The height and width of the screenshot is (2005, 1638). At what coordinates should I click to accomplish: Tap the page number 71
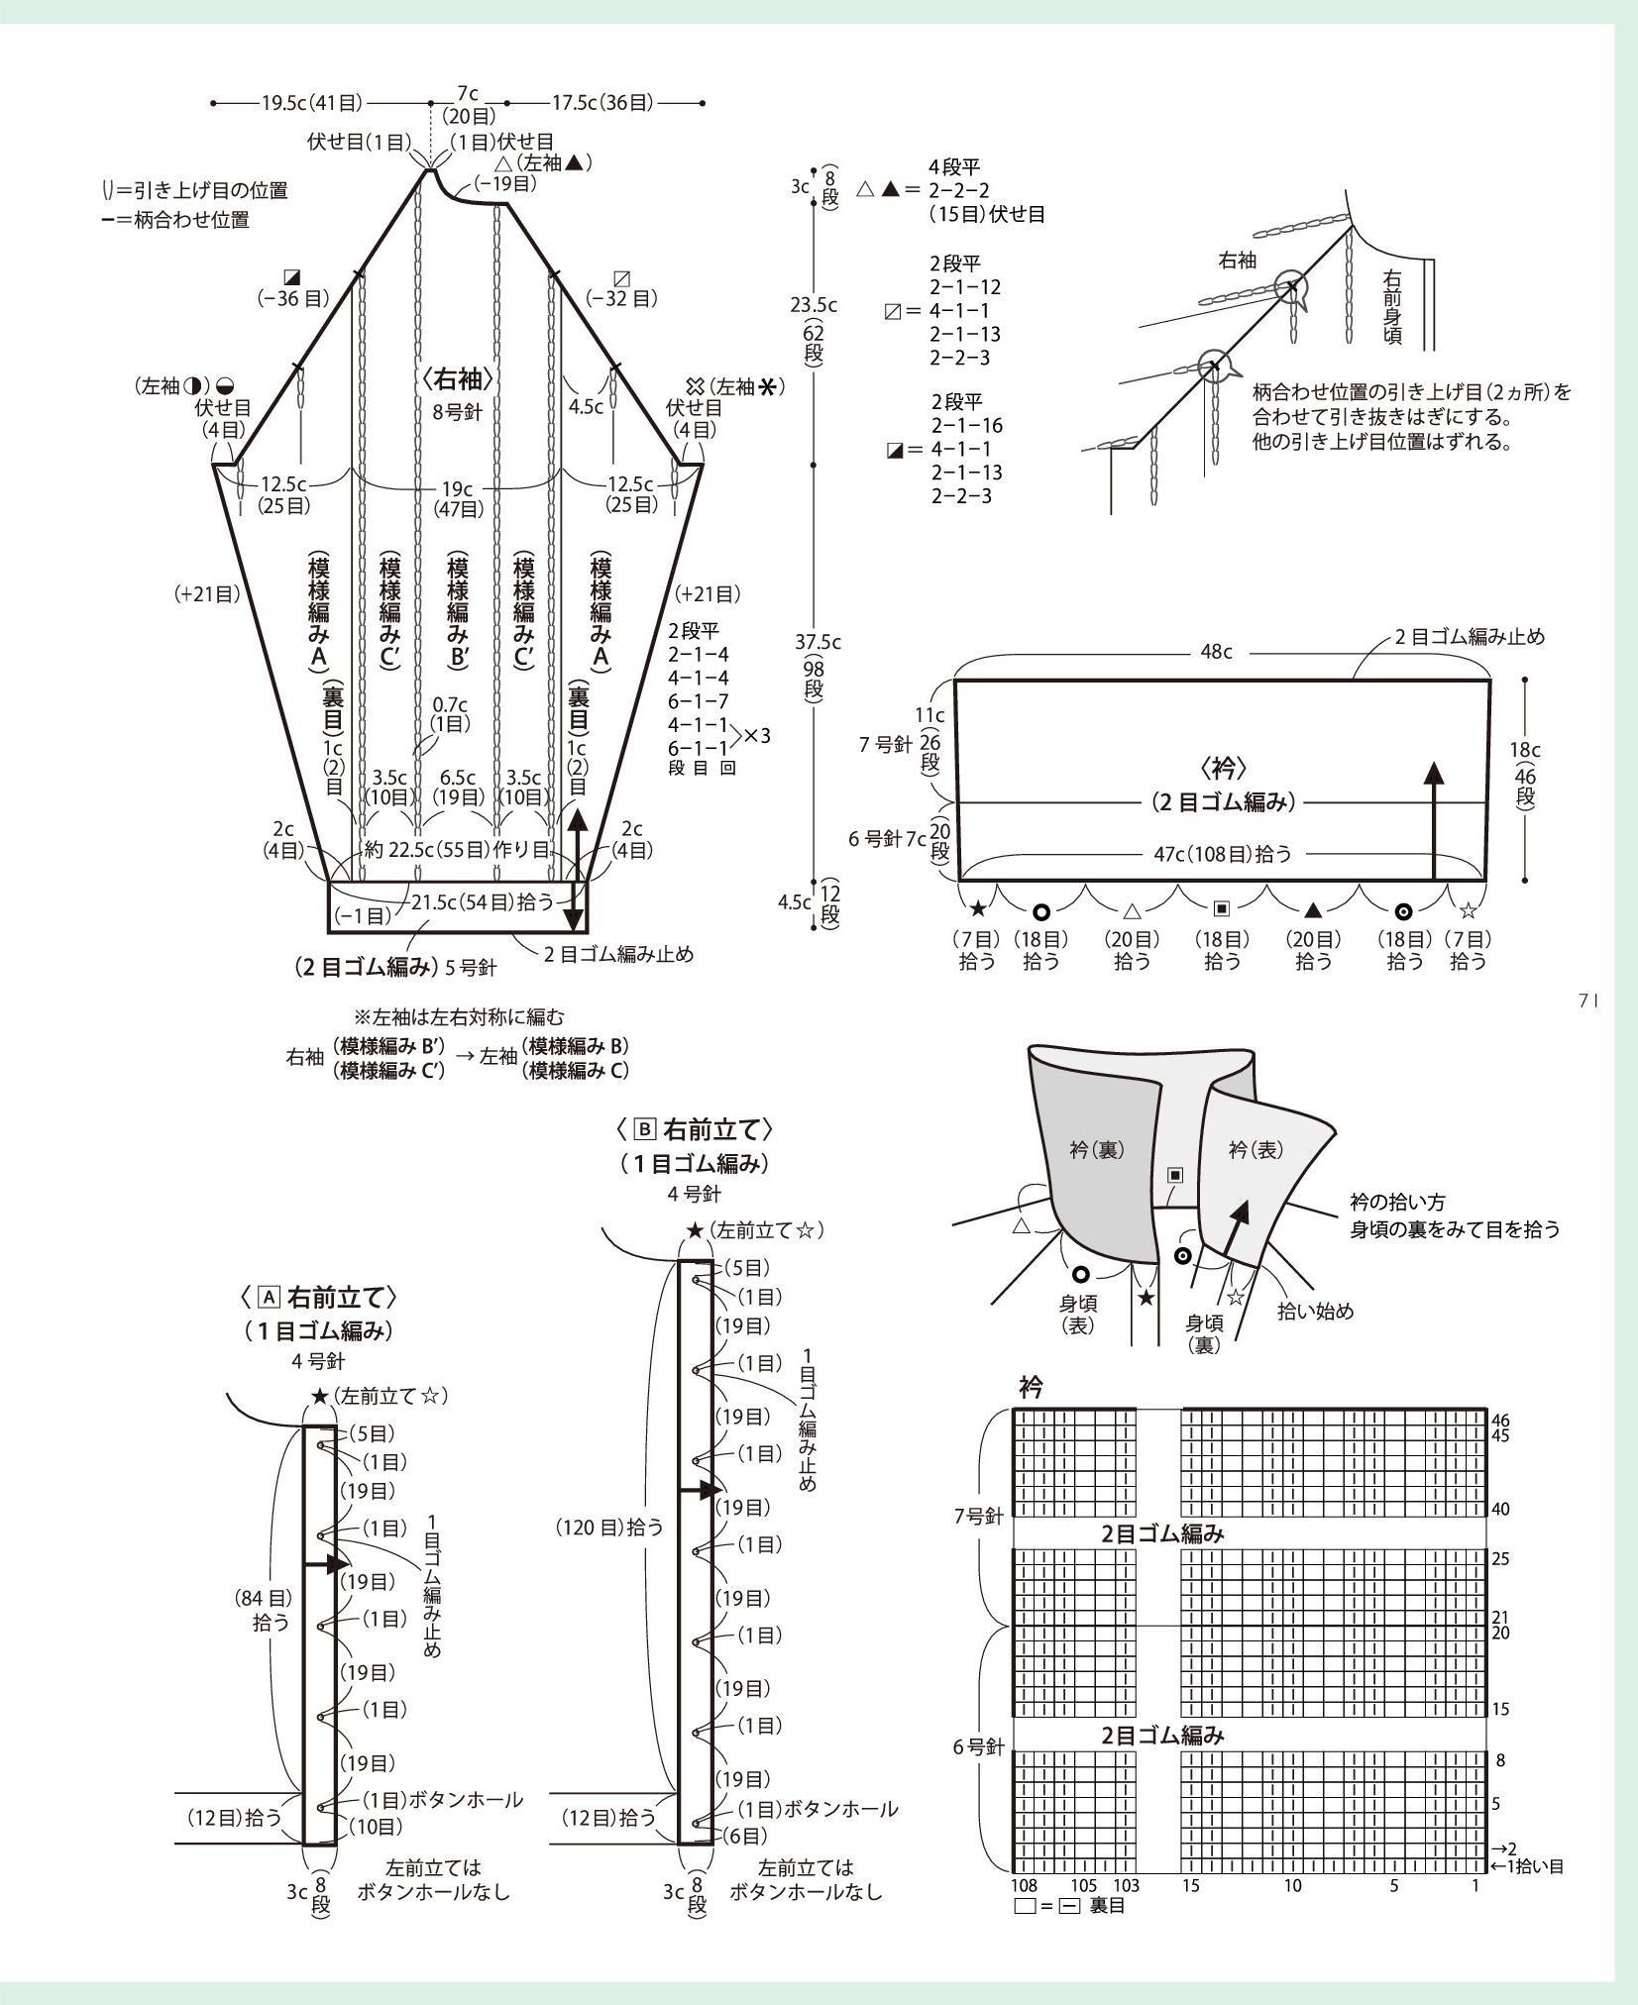pos(1587,1002)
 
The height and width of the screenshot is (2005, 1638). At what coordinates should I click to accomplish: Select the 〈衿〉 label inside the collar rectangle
pos(1223,768)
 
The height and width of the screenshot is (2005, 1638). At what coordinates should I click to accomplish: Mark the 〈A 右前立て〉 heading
pos(319,1297)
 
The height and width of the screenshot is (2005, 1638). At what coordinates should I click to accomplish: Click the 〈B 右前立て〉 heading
pos(693,1129)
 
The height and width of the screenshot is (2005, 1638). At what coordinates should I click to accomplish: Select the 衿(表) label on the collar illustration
pos(1256,1149)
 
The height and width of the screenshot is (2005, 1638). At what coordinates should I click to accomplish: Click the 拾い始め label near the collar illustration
pos(1315,1311)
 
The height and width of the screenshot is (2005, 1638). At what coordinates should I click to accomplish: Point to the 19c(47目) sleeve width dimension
pos(457,497)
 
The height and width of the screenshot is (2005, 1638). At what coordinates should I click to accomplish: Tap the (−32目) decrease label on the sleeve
pos(622,298)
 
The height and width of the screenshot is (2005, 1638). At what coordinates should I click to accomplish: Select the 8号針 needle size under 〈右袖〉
pos(457,411)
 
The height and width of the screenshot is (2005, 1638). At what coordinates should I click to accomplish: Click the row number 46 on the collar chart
pos(1500,1420)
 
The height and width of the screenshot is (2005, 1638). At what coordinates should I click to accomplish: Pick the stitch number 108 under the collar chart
pos(1024,1886)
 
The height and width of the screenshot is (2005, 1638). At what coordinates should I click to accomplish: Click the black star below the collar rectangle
pos(978,907)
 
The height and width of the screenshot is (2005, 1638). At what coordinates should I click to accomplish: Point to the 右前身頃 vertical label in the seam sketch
pos(1392,307)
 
